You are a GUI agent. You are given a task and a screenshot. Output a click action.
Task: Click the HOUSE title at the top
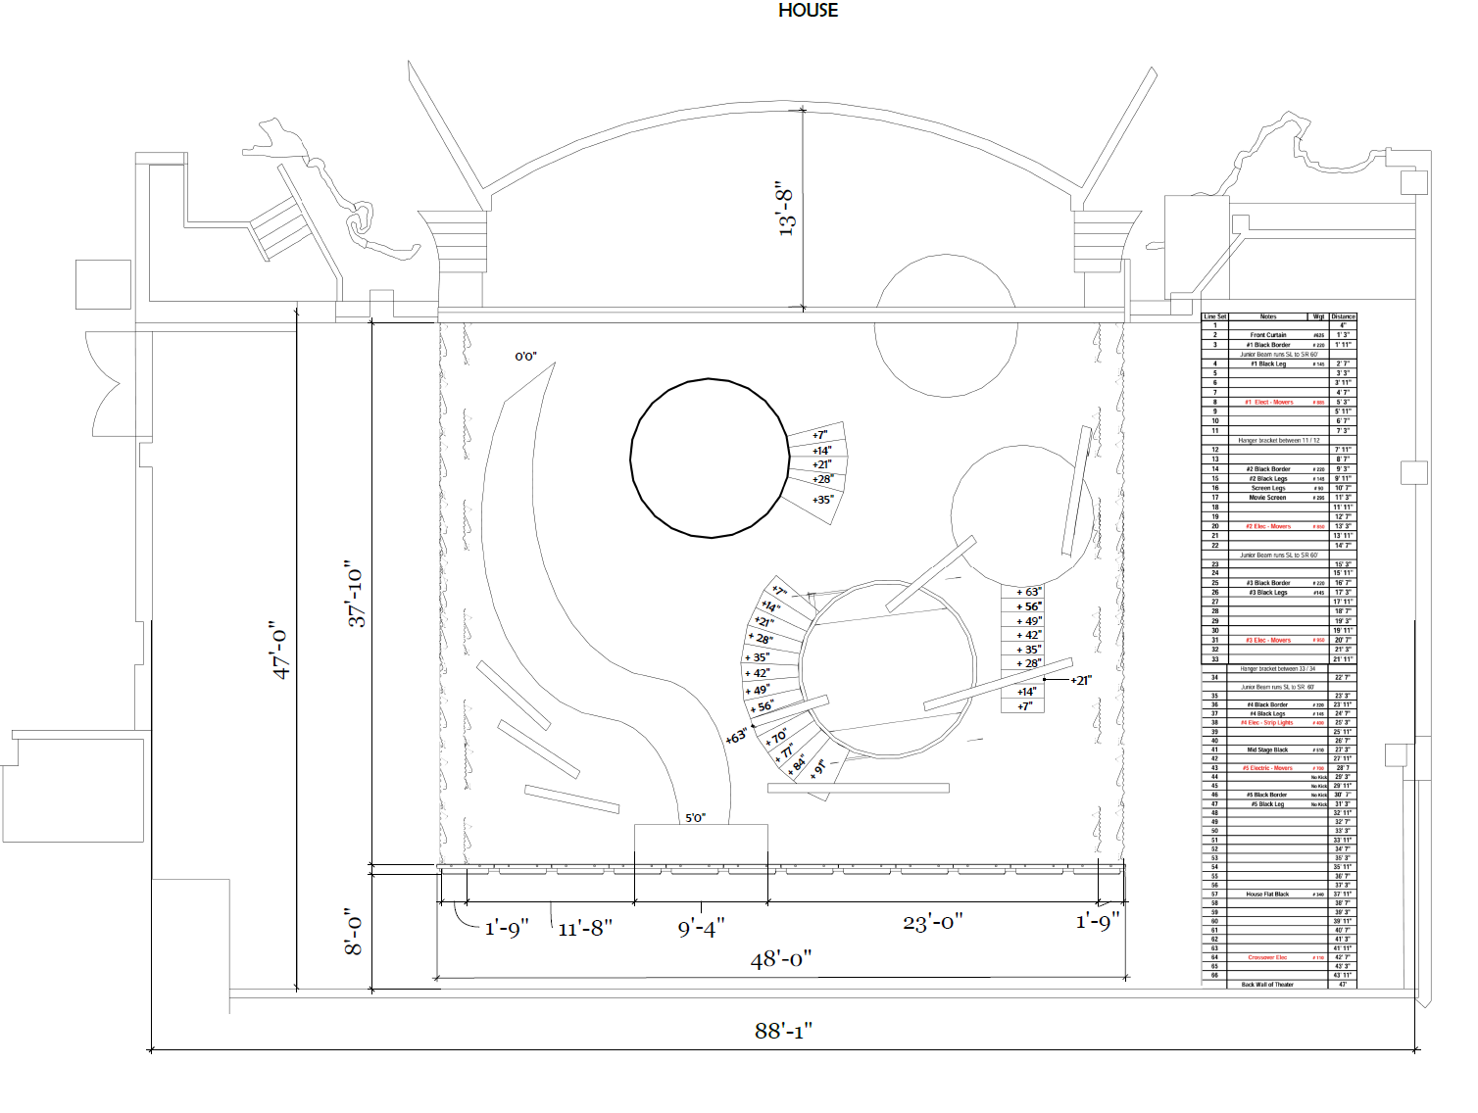808,11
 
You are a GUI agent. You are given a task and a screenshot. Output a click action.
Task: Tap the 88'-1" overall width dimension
783,1031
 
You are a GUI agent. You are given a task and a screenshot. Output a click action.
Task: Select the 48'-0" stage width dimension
781,959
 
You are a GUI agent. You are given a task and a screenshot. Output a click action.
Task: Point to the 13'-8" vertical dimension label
786,208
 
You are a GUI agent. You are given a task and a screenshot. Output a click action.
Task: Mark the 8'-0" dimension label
354,932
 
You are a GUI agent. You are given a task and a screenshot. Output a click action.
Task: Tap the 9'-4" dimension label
701,928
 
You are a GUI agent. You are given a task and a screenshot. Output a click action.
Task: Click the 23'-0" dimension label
932,922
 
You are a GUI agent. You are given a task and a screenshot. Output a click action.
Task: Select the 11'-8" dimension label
585,928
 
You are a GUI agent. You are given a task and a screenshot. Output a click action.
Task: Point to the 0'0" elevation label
526,357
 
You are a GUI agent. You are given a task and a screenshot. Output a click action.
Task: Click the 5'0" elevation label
695,817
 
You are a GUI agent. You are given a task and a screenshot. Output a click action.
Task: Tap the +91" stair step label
820,768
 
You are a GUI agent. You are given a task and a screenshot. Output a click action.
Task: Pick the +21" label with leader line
1080,680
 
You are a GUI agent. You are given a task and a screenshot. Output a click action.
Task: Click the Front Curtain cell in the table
1268,335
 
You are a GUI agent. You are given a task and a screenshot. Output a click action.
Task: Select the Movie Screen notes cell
1267,498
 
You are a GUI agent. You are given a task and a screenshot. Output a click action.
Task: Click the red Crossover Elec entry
1267,957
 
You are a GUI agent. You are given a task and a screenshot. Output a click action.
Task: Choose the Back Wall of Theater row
1267,985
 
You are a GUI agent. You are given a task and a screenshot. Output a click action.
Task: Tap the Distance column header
1343,316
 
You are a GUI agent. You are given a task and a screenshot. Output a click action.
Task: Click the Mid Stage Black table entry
1267,750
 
